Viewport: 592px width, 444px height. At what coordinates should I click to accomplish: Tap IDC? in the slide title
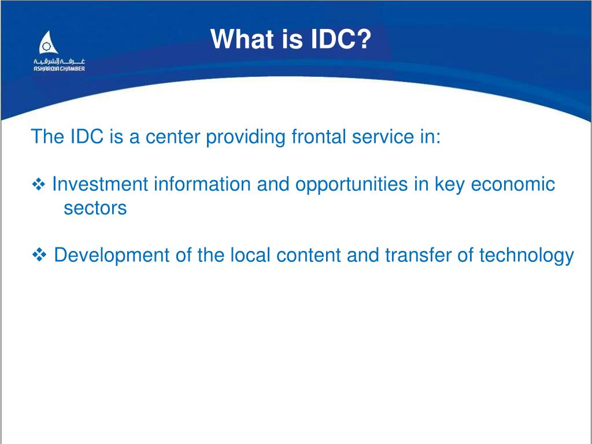click(x=341, y=39)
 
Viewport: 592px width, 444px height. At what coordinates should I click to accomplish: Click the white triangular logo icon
click(x=49, y=42)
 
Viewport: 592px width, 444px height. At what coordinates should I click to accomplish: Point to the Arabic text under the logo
click(x=60, y=61)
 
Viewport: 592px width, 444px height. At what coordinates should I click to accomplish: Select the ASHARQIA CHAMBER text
click(x=60, y=69)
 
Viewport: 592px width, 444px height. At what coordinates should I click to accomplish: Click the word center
click(x=172, y=136)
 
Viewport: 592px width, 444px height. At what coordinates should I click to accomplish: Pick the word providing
click(x=245, y=137)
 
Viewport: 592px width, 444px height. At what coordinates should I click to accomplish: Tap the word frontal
click(x=319, y=136)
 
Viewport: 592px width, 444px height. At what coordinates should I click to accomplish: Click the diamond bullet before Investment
click(x=39, y=184)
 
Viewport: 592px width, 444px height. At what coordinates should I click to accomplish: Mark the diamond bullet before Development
click(x=39, y=255)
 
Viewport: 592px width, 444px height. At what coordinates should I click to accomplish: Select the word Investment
click(x=100, y=184)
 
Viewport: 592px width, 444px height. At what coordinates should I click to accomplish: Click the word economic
click(x=513, y=184)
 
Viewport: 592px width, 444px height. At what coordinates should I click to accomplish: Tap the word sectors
click(x=95, y=208)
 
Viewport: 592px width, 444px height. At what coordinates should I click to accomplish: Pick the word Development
click(x=112, y=256)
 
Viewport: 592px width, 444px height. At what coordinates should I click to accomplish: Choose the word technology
click(x=527, y=256)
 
